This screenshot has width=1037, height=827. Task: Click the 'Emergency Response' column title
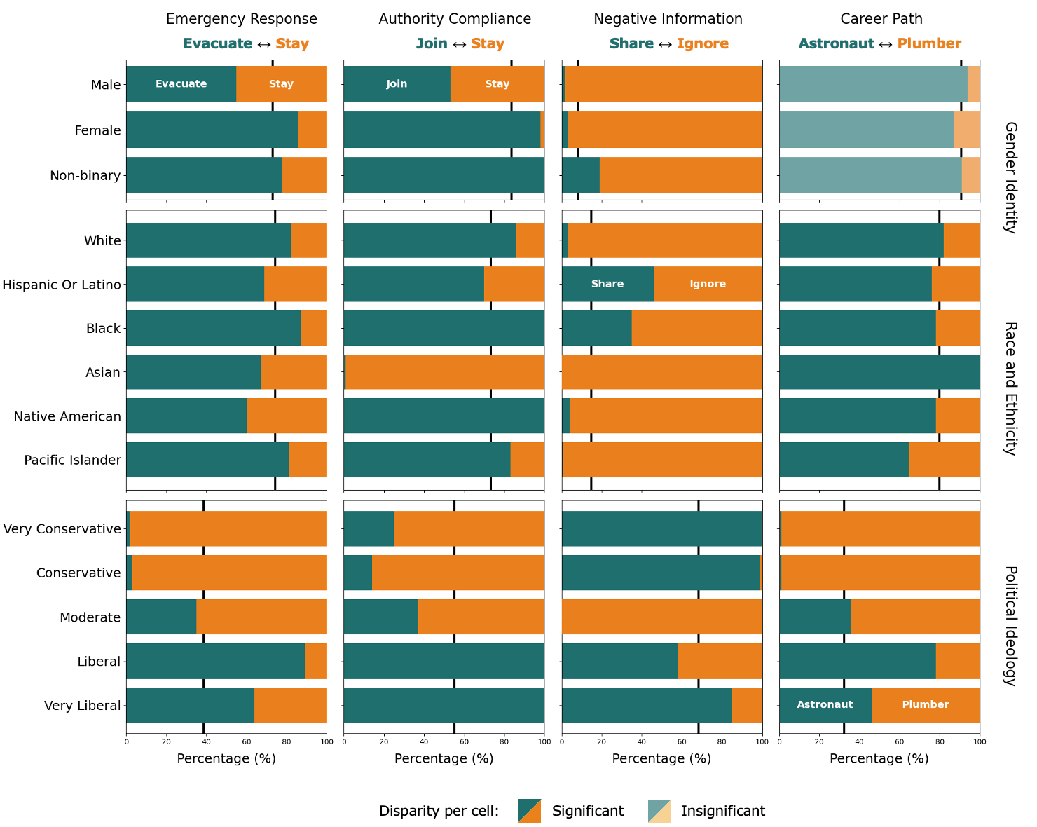(241, 19)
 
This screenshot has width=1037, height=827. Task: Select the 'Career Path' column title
(881, 19)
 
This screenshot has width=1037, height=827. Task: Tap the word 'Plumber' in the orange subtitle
(929, 43)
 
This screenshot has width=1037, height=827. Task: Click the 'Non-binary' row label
(85, 175)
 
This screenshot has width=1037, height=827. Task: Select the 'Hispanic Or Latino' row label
(62, 285)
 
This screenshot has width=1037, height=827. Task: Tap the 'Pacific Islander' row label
(72, 460)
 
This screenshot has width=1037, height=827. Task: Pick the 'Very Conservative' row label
(62, 528)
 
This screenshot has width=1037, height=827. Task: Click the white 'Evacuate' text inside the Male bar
(181, 84)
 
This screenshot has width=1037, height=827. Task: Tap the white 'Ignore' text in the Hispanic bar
(708, 284)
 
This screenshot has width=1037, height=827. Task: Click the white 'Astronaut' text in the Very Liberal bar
(825, 704)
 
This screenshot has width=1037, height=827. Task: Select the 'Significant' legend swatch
(529, 811)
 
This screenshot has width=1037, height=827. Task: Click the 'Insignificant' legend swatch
(659, 811)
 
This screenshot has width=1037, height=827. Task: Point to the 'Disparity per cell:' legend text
(439, 811)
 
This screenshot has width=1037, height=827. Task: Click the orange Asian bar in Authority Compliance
(445, 372)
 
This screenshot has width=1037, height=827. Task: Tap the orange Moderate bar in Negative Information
(662, 617)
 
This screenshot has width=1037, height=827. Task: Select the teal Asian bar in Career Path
(879, 372)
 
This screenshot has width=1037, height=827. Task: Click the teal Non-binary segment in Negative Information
(580, 175)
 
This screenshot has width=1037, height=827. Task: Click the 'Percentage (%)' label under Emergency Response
(226, 758)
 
